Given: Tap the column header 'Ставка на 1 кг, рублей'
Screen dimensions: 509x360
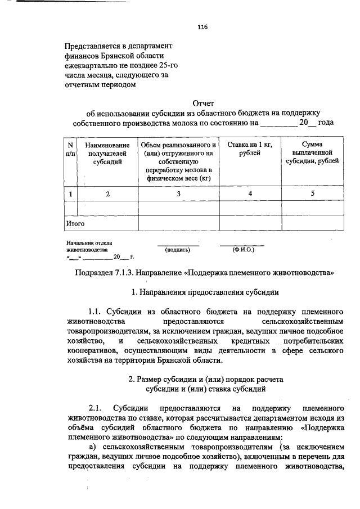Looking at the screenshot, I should pos(250,149).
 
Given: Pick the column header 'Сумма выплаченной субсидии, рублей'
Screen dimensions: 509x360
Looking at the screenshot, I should pos(312,153).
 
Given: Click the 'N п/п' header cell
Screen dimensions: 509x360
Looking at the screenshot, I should pos(70,149).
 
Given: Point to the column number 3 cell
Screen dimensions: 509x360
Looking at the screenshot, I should pos(179,194).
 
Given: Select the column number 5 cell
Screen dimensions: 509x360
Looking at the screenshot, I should pos(312,194).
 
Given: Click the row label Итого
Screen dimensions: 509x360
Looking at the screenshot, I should pos(75,223).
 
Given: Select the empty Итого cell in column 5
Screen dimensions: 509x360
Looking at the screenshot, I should pos(312,223).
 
